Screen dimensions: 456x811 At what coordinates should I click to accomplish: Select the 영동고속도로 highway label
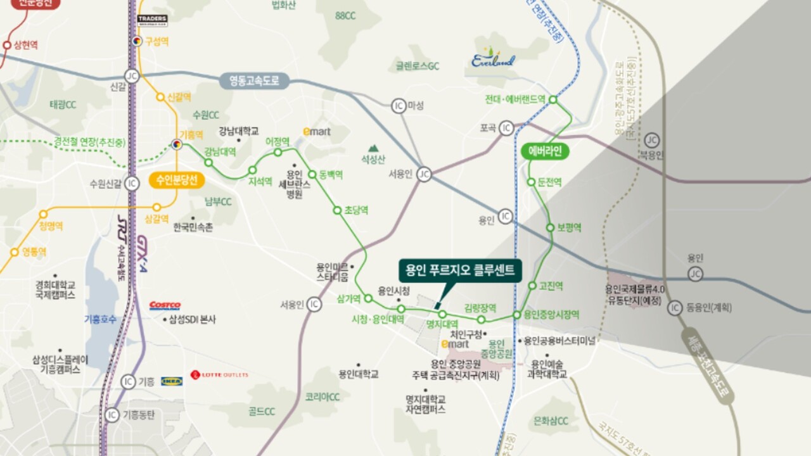254,81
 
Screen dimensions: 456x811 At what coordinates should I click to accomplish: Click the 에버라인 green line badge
544,152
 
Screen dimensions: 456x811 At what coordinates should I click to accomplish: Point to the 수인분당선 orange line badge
177,180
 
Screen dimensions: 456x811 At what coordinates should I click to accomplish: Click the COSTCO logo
165,306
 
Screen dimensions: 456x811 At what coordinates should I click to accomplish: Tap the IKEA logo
172,381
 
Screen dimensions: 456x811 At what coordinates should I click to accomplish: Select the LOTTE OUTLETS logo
220,375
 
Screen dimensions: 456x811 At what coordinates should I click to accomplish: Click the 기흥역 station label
191,135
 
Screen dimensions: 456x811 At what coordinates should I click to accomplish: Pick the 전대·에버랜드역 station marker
552,99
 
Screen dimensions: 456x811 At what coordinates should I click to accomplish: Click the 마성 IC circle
399,105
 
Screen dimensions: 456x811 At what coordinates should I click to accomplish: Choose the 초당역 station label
357,210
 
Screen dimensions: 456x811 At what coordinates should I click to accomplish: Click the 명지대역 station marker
442,314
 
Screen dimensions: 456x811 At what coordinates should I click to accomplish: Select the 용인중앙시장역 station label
551,315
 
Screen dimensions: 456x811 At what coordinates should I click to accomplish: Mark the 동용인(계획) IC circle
675,308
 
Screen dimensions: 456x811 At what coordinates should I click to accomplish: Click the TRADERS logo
152,20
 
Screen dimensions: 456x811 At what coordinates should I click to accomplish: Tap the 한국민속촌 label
193,227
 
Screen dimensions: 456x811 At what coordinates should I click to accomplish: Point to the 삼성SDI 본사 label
192,320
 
